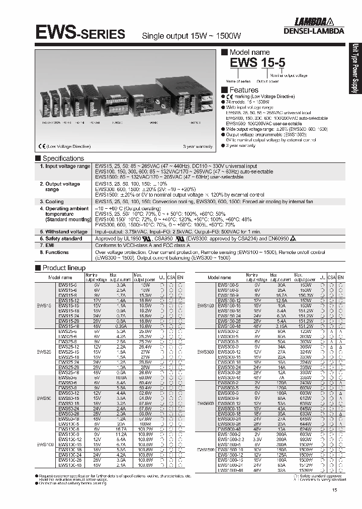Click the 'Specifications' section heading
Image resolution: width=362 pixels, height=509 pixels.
click(x=63, y=158)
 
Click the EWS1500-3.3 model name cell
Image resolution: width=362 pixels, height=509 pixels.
click(x=229, y=440)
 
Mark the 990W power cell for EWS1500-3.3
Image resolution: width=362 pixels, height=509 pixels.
click(x=305, y=440)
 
